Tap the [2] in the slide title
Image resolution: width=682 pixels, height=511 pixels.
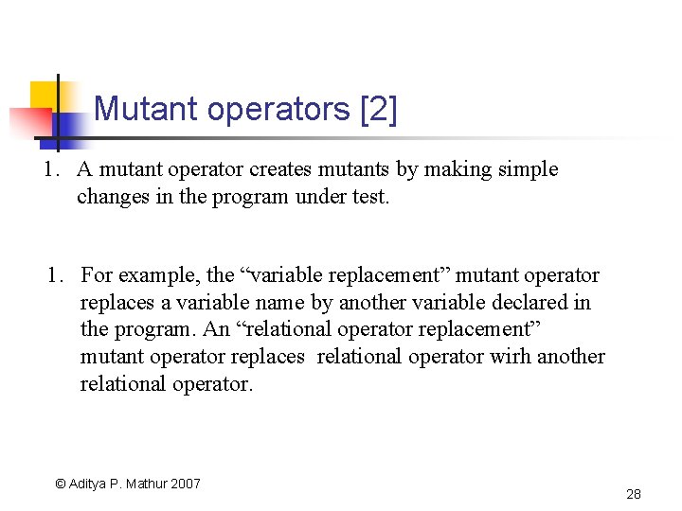378,110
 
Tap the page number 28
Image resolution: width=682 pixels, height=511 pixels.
634,494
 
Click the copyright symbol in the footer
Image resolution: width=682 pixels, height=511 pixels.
60,484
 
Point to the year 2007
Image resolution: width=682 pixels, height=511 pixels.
186,484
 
